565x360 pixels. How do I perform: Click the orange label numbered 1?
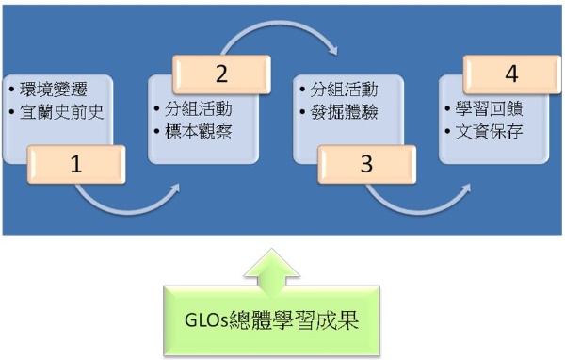coord(75,165)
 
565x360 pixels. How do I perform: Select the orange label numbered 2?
coord(219,74)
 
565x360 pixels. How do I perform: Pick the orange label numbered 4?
coord(510,74)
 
